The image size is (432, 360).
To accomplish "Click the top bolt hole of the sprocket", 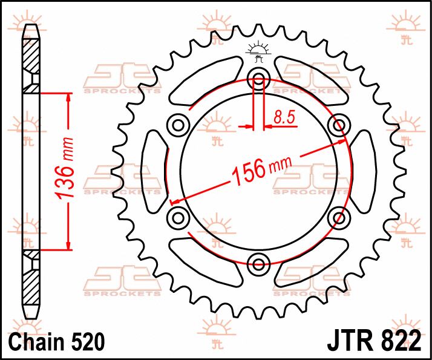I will click(259, 78).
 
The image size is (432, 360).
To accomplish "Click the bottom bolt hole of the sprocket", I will click(259, 263).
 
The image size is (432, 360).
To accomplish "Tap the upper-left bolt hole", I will click(178, 125).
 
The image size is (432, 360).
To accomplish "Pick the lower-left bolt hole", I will click(178, 217).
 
